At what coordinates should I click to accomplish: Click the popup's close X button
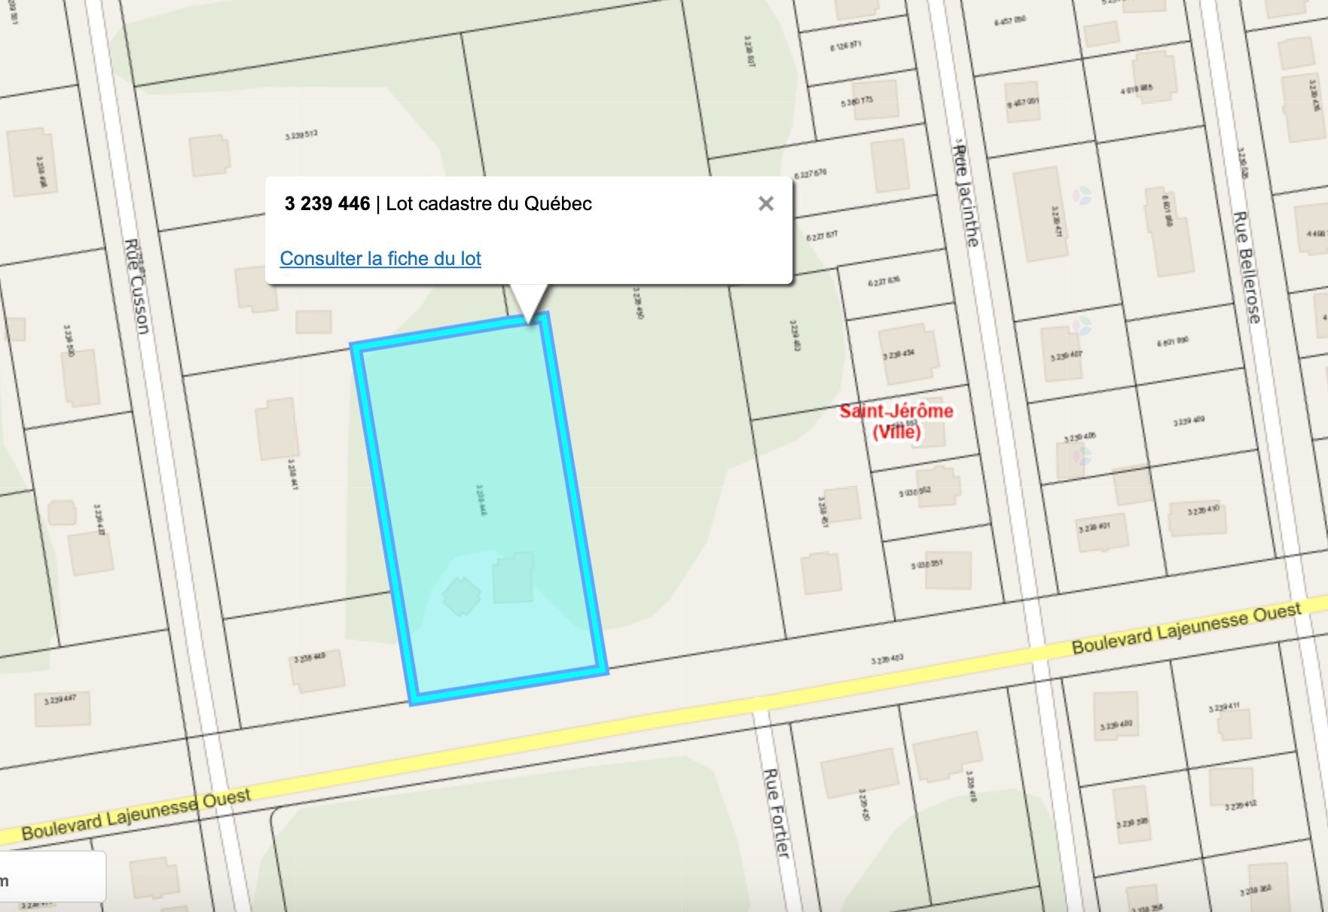[765, 203]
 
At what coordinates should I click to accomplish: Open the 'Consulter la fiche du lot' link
[380, 258]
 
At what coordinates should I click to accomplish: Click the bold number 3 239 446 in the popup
[327, 203]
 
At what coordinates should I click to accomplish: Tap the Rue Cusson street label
[138, 286]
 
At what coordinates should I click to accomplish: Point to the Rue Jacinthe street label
[966, 196]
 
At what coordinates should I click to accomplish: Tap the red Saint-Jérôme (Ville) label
[896, 421]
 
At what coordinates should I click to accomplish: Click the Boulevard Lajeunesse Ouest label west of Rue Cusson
[136, 813]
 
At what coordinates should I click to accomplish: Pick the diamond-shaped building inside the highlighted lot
[461, 596]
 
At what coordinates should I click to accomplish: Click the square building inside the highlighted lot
[513, 578]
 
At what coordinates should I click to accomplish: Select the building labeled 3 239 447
[61, 707]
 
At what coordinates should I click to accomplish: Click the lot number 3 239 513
[301, 136]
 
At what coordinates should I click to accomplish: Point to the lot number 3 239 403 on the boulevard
[887, 660]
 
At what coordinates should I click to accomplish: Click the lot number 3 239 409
[1188, 422]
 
